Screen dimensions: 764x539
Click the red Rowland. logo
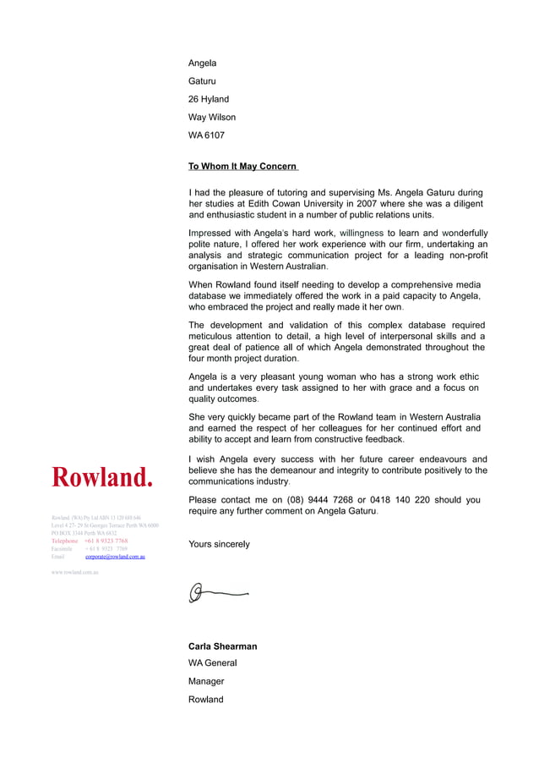point(103,477)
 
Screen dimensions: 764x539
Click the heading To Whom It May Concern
point(242,167)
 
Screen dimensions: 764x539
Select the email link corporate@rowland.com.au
point(115,557)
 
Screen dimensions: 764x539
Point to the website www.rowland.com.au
point(75,573)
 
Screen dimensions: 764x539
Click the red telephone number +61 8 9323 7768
point(106,541)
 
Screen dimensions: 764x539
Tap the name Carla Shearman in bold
point(222,646)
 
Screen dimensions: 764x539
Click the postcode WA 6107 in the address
point(206,135)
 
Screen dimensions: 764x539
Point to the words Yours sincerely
point(219,544)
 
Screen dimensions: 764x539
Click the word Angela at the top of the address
point(202,63)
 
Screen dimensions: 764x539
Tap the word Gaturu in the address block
point(202,81)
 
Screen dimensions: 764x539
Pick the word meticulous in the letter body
point(216,336)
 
